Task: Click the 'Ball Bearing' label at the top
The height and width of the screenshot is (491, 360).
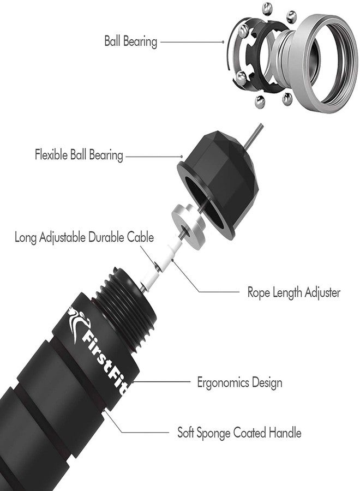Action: coord(130,41)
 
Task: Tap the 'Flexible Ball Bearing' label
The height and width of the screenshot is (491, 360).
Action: coord(79,155)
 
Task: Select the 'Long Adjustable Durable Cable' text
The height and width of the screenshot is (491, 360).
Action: coord(84,237)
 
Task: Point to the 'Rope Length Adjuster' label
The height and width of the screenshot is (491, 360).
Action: coord(293,292)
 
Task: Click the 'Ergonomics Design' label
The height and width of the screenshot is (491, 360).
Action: coord(239,382)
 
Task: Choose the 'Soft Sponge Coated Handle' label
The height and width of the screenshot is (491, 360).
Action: coord(239,433)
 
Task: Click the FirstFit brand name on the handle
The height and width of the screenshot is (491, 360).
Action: coord(105,360)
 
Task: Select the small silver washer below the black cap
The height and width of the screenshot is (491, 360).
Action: coord(188,226)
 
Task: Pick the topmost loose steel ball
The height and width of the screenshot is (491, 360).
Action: coord(267,9)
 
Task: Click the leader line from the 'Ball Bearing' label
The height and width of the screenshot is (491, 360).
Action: coord(192,41)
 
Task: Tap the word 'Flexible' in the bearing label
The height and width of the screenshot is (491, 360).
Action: coord(51,155)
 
